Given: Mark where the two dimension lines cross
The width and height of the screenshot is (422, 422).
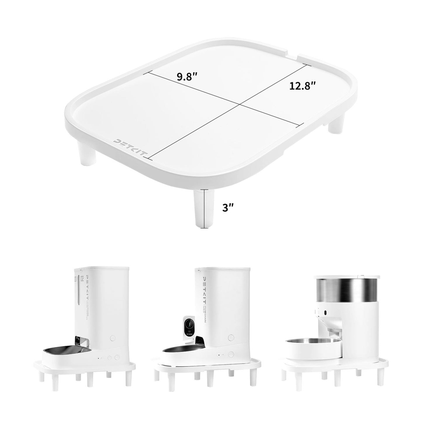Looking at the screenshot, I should [240, 104].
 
